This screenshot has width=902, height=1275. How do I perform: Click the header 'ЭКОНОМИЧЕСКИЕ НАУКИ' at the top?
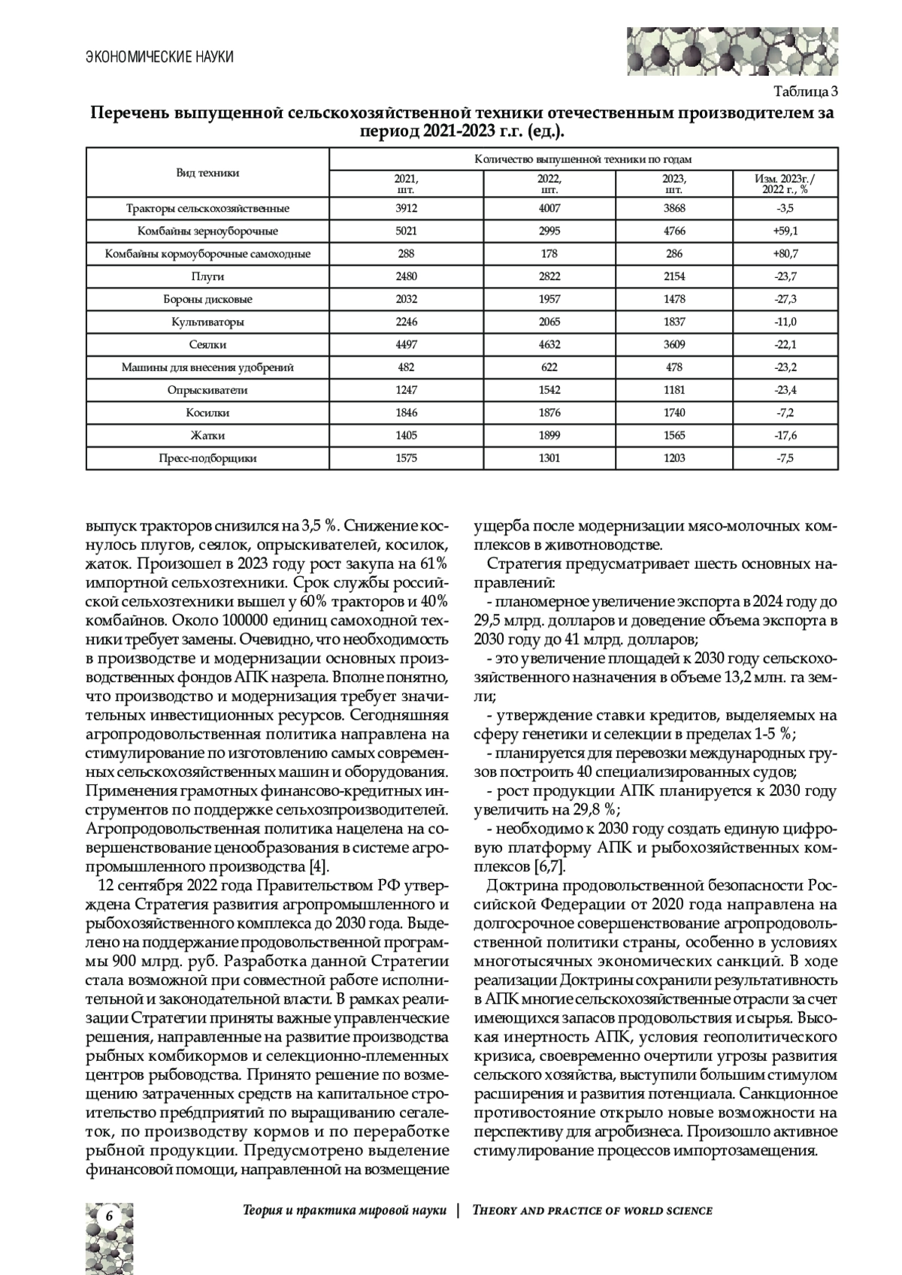click(159, 57)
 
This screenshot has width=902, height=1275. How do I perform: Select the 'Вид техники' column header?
click(208, 173)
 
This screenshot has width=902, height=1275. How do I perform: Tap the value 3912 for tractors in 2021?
click(406, 208)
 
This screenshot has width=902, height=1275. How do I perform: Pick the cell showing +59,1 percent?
click(785, 231)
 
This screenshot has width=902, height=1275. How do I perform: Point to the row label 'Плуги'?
click(208, 276)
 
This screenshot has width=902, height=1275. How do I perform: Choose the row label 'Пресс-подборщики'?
click(208, 458)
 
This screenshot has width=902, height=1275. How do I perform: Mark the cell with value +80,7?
click(785, 254)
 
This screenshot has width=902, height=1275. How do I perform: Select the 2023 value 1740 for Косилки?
click(674, 412)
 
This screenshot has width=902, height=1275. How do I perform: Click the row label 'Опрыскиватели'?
click(208, 390)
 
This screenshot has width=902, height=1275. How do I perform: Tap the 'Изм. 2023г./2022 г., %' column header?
click(785, 184)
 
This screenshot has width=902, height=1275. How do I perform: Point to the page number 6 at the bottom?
click(109, 1216)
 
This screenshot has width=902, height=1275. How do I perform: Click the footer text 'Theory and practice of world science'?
click(592, 1210)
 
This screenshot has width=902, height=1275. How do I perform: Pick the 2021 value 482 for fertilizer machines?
click(406, 367)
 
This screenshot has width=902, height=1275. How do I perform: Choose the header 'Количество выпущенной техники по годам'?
click(583, 159)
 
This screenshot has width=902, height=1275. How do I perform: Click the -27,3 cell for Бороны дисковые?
click(785, 299)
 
